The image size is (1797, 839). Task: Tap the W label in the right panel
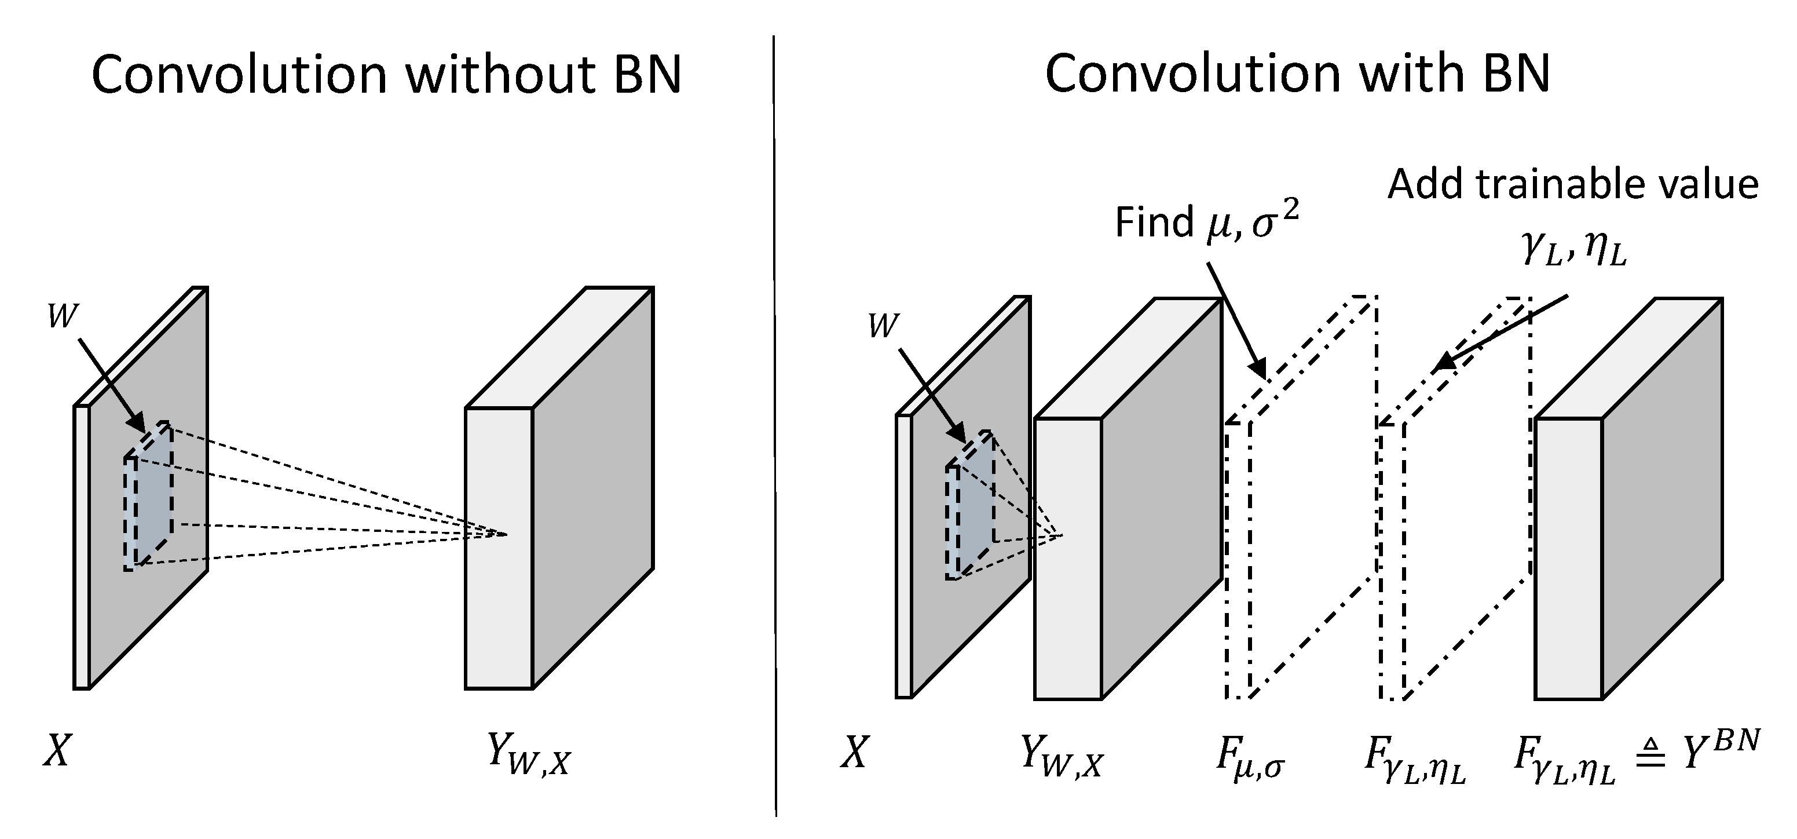[x=883, y=327]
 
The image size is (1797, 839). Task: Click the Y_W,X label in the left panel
[x=528, y=757]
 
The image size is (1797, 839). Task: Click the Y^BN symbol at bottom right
[x=1721, y=750]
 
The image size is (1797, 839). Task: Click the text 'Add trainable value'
[x=1573, y=185]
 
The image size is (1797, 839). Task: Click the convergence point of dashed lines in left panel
[x=507, y=535]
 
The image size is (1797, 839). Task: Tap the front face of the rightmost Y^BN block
[x=1568, y=559]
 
